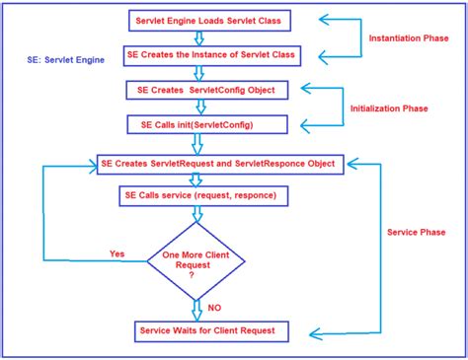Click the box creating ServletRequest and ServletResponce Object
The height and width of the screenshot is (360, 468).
pyautogui.click(x=217, y=162)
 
